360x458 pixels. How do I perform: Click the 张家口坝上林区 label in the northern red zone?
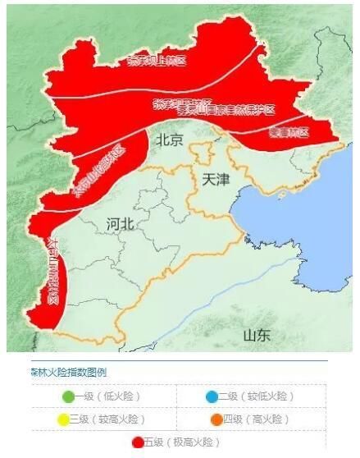tap(156, 59)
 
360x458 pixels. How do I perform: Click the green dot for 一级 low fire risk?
tap(68, 396)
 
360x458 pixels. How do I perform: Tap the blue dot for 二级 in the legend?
tap(212, 396)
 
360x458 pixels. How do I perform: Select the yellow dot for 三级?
tap(62, 419)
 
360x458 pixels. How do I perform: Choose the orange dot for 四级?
tap(216, 419)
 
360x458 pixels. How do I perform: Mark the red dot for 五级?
tap(138, 442)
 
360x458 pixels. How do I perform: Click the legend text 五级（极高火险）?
tap(181, 442)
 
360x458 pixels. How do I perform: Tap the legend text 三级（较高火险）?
tap(106, 419)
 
